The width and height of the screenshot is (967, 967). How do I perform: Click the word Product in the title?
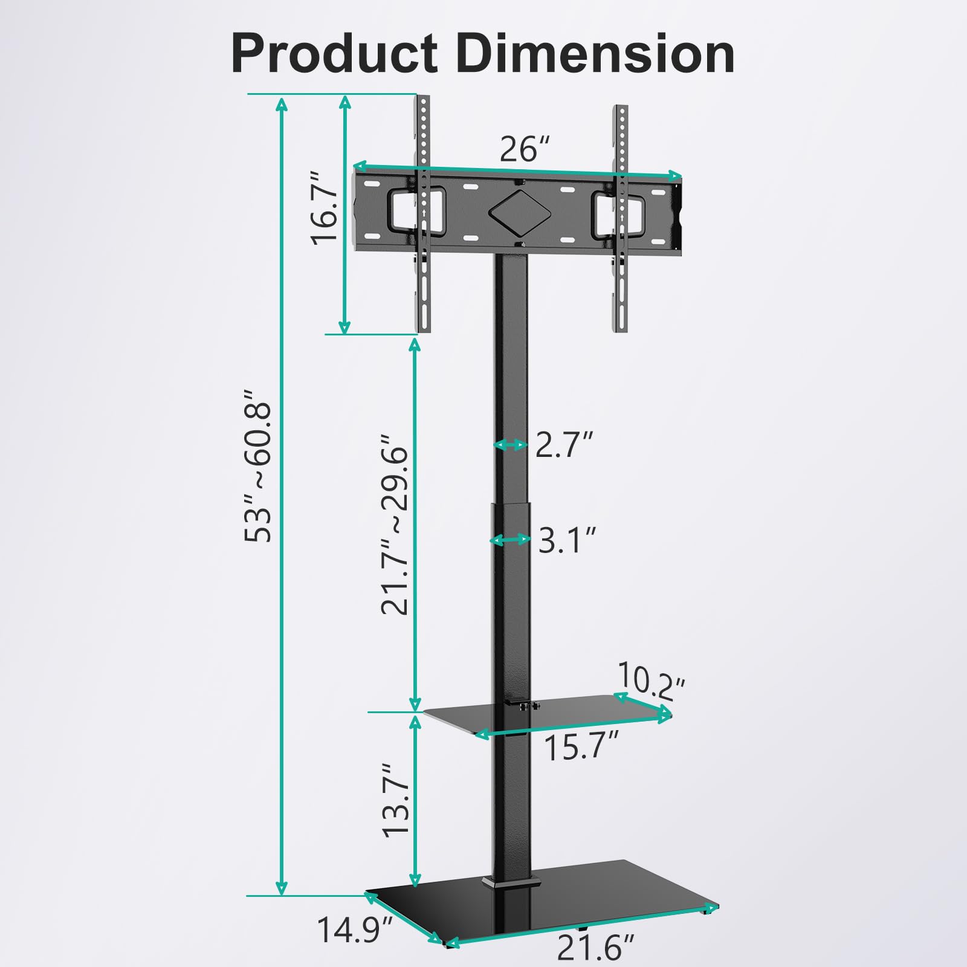pyautogui.click(x=334, y=54)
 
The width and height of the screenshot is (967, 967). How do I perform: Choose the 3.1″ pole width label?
pyautogui.click(x=567, y=540)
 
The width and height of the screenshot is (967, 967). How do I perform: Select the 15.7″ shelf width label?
pyautogui.click(x=582, y=747)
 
